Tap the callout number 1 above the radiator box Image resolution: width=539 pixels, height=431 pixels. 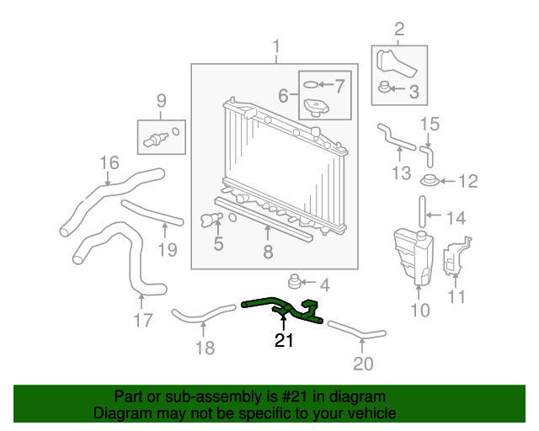(x=275, y=46)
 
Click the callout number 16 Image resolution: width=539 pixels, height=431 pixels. (x=110, y=162)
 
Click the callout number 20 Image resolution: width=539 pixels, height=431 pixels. (x=362, y=364)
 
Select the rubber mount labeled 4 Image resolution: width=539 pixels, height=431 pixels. (x=296, y=281)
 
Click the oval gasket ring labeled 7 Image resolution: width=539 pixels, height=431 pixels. (x=311, y=85)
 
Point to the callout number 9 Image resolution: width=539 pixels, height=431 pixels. (x=159, y=102)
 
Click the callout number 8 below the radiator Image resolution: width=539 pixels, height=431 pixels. (x=268, y=252)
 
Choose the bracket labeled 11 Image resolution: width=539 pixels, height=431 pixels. (x=455, y=258)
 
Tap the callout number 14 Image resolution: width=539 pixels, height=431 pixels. (x=455, y=218)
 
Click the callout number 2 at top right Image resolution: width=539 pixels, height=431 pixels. (x=399, y=29)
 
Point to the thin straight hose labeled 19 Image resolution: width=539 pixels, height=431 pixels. (x=152, y=214)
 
